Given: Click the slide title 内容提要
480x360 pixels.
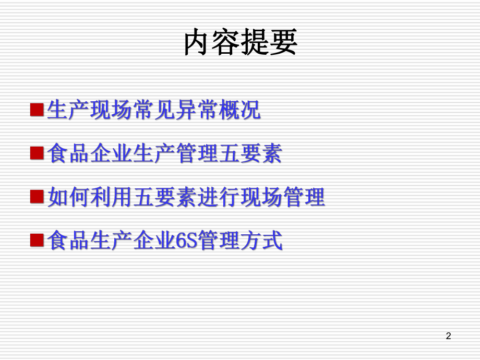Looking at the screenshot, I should [x=241, y=42].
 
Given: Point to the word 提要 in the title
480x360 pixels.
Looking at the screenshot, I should [x=269, y=42].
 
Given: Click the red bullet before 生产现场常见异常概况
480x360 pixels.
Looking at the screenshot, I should [x=37, y=110].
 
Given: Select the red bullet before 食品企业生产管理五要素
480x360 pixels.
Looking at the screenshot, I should [x=37, y=153].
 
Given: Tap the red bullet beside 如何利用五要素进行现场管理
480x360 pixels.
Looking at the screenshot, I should [x=37, y=196].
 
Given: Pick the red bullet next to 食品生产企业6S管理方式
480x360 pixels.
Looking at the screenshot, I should [x=37, y=239].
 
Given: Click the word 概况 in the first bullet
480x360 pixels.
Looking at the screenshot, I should [x=239, y=110].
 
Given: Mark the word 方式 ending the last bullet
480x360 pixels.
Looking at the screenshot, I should [x=261, y=241].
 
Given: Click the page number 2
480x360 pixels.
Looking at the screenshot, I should [x=448, y=337].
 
